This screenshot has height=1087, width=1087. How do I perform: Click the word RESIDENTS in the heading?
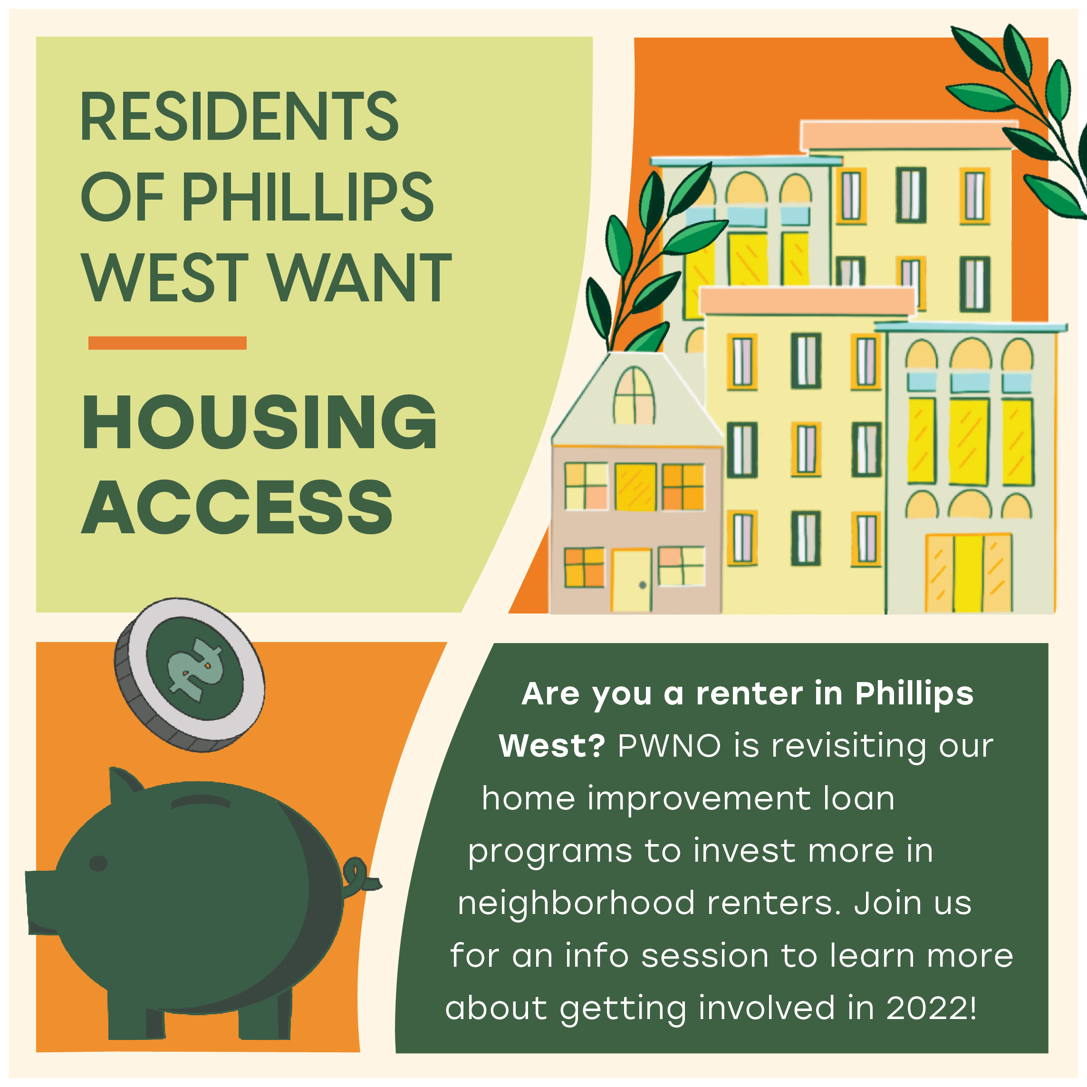point(239,116)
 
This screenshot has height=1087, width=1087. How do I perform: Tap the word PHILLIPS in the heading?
point(307,196)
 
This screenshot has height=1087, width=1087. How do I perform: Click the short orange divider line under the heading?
point(167,343)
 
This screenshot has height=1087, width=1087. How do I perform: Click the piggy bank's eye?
point(98,863)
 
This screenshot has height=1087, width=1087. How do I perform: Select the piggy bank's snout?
point(42,903)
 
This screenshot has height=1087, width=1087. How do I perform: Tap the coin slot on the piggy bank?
point(201,801)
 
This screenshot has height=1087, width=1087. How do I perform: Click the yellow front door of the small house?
point(631,581)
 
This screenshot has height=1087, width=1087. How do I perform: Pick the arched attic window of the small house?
point(634,395)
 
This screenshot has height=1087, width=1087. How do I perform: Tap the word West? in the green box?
point(552,746)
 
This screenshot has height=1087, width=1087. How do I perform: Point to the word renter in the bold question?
point(750,694)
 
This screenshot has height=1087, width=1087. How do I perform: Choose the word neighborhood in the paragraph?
point(576,904)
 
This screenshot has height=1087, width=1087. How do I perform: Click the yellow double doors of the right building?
point(969,573)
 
